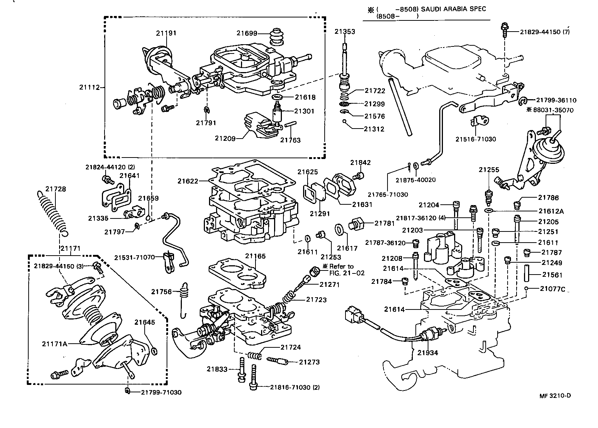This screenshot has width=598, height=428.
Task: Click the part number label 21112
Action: [89, 87]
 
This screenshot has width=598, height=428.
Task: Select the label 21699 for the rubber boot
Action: [247, 33]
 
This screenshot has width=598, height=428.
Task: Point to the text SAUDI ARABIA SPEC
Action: [453, 9]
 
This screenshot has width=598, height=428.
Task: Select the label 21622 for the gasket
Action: [188, 181]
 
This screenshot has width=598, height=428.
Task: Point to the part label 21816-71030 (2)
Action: [294, 388]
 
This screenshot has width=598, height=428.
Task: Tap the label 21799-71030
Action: [161, 392]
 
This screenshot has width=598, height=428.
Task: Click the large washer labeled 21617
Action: [339, 230]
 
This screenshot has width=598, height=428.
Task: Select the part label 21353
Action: [344, 32]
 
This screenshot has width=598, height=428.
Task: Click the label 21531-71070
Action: [134, 257]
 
